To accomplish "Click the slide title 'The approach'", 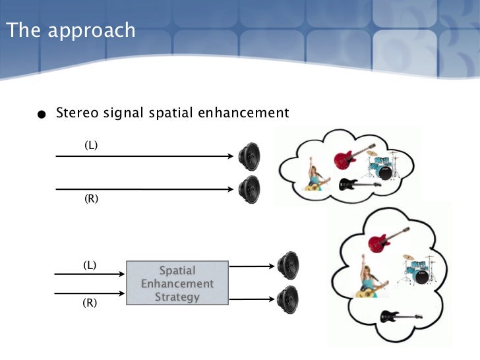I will (70, 30).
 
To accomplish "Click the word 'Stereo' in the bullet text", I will (77, 113).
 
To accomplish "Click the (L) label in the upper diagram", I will (91, 144).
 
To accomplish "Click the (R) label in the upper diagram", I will (91, 198).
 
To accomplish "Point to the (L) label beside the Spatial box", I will (90, 265).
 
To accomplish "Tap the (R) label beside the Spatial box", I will (90, 303).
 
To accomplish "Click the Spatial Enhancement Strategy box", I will (177, 283).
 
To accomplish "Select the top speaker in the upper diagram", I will (249, 156).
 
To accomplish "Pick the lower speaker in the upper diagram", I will (249, 189).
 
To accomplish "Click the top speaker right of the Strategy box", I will (288, 266).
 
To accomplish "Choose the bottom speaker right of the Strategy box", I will (288, 299).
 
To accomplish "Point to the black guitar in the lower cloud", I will (400, 317).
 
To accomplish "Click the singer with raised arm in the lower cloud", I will (367, 277).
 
